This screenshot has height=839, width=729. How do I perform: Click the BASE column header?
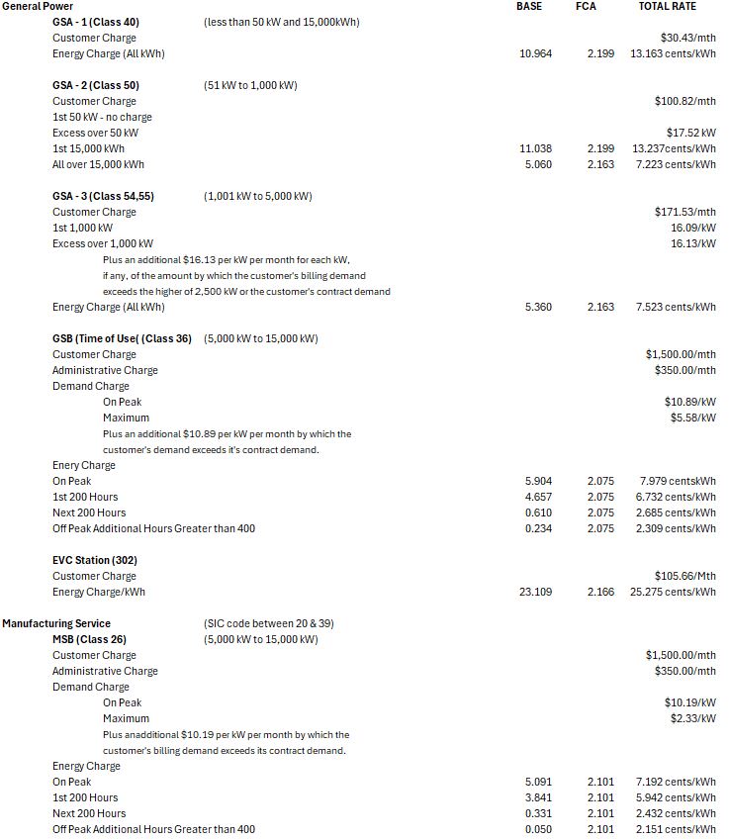coord(529,6)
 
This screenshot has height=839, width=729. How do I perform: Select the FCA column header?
coord(586,6)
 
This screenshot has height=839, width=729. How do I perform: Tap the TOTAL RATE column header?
coord(667,6)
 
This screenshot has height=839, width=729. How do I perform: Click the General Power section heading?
coord(38,6)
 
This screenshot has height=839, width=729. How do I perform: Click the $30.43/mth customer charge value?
coord(687,38)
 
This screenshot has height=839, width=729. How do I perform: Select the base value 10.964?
coord(535,53)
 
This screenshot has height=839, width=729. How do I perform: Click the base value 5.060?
coord(538,164)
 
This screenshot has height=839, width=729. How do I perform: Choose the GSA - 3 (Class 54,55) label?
coord(103,196)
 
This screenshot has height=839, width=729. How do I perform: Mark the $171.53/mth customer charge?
coord(684,212)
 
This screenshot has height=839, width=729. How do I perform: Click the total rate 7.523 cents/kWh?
coord(676,307)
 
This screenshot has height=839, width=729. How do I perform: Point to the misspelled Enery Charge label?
coord(84,465)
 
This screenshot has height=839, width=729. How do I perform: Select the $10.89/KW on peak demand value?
coord(689,402)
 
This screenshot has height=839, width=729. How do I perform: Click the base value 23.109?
coord(535,592)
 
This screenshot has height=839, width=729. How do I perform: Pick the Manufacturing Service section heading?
coord(56,623)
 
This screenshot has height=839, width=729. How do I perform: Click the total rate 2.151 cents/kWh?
coord(676,829)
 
